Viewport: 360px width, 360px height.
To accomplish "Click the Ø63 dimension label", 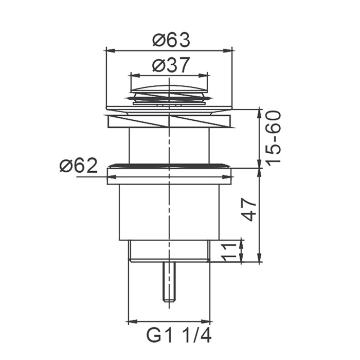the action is [x=171, y=40].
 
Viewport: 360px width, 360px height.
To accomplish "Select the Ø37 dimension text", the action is [x=171, y=65].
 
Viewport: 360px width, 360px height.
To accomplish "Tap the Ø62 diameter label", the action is [x=79, y=166].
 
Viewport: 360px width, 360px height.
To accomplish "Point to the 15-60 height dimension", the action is [x=273, y=137].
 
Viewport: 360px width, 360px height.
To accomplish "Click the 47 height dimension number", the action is [x=249, y=209].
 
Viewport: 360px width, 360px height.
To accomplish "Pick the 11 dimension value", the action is [x=229, y=253].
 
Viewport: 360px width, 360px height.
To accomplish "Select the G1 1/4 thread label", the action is [x=178, y=336].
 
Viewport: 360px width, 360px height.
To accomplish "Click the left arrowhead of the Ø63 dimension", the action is [x=110, y=50].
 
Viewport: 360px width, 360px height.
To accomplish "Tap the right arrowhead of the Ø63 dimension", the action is [x=228, y=50].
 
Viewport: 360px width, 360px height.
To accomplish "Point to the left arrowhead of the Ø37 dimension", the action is [x=135, y=75].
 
